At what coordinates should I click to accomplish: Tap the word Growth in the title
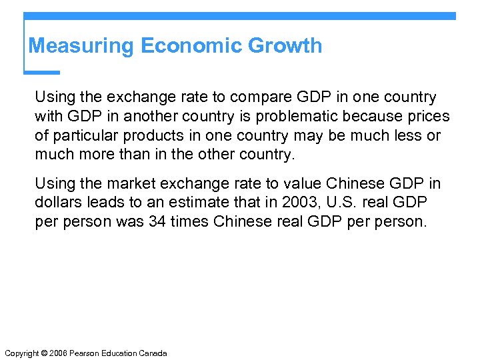[285, 46]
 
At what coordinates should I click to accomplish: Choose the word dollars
[57, 203]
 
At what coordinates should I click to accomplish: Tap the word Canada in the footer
[153, 353]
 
